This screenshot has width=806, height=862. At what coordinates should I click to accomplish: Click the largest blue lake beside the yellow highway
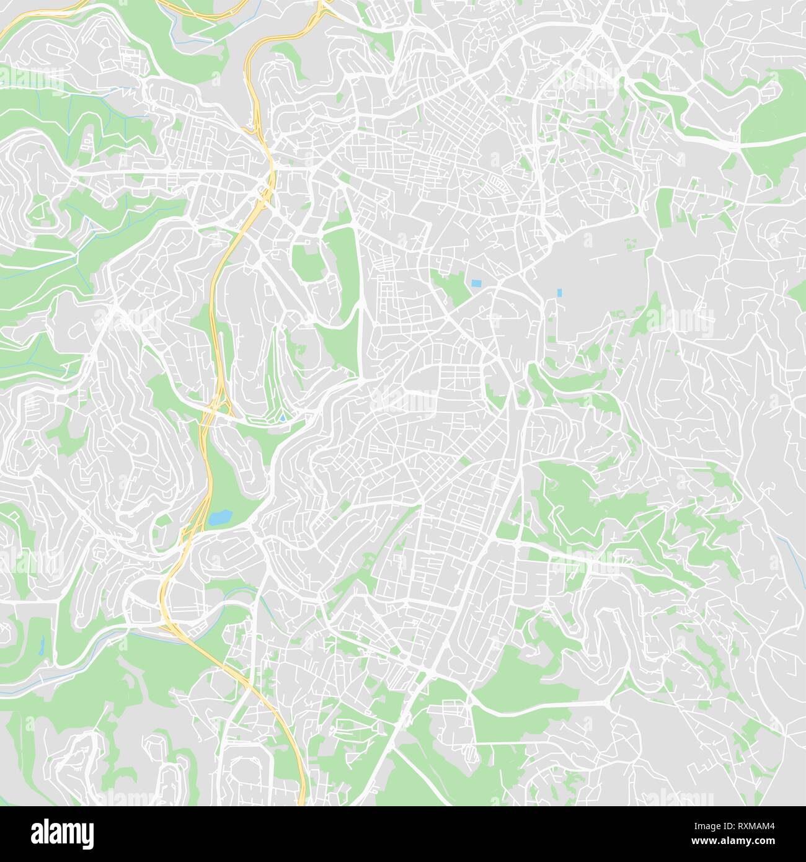coord(219,518)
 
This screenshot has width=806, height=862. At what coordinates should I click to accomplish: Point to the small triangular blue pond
coord(283,418)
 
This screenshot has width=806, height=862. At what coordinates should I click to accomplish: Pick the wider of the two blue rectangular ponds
coord(476,283)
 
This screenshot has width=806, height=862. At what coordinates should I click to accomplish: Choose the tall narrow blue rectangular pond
coord(559,293)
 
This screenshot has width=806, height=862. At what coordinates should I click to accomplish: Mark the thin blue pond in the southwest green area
coord(42,645)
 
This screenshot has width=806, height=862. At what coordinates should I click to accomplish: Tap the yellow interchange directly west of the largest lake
coord(192,524)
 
